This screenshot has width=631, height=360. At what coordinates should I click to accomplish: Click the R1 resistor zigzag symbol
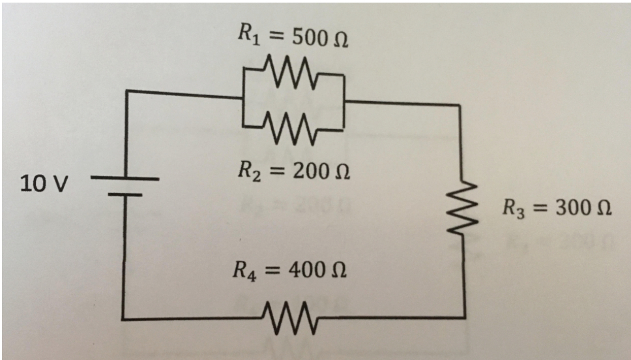[291, 69]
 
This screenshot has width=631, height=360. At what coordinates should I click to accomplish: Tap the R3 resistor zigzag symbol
[464, 204]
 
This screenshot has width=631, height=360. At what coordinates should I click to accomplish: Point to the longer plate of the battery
[124, 178]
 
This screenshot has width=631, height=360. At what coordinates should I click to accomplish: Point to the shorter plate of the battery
[124, 194]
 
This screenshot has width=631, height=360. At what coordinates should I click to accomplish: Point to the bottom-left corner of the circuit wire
[124, 320]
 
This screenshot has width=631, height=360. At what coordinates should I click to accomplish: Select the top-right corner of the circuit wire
[462, 104]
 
